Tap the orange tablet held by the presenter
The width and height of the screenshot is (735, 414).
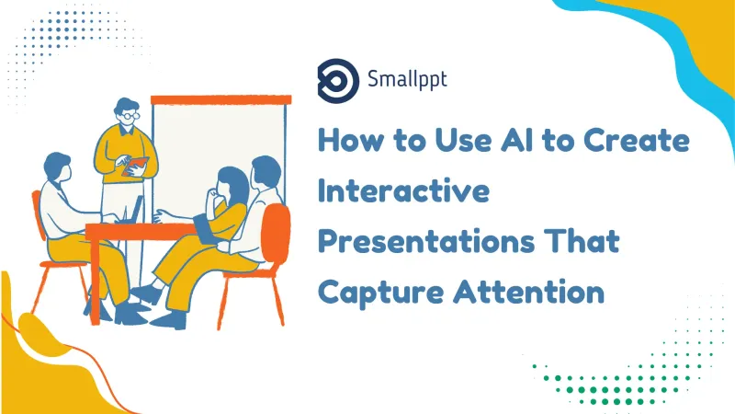pyautogui.click(x=137, y=165)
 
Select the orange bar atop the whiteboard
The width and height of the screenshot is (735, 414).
pyautogui.click(x=220, y=98)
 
